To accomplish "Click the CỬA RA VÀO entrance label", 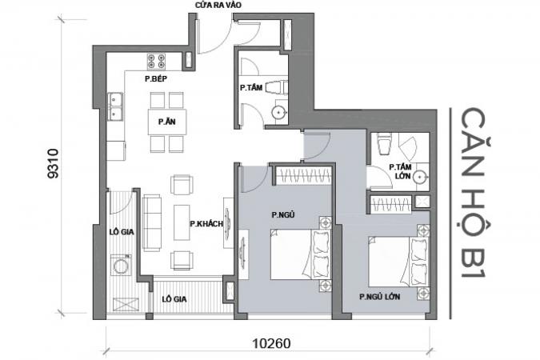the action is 218,5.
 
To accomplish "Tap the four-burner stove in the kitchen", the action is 156,62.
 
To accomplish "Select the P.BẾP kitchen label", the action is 156,79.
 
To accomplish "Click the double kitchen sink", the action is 115,106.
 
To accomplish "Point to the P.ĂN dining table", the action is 167,122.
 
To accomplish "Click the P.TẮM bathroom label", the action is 251,87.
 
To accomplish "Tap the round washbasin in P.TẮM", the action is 278,112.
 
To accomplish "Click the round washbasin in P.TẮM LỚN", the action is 420,177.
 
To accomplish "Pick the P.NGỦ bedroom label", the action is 283,215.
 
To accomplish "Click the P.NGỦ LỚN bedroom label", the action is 380,297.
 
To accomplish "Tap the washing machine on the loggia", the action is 121,265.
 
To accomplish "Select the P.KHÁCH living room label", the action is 206,224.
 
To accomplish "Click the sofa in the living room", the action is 152,222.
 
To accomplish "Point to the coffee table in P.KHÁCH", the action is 182,222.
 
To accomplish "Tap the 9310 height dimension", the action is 54,164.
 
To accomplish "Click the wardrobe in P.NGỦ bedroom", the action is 304,175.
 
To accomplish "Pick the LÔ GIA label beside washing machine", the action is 122,232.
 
